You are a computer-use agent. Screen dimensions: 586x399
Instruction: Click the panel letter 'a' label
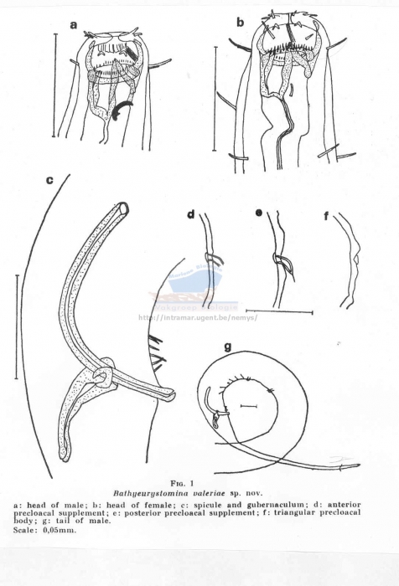pos(74,25)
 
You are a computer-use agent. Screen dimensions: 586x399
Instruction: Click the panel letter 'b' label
pos(240,23)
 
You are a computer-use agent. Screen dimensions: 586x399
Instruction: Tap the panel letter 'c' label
pos(50,179)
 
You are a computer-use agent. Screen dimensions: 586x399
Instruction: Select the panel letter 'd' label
pos(190,215)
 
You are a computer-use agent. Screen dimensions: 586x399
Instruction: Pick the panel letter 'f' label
pos(326,215)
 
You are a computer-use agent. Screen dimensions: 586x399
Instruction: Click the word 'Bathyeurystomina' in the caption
pos(171,494)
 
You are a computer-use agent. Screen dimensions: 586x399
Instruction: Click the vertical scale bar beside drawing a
pos(55,84)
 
